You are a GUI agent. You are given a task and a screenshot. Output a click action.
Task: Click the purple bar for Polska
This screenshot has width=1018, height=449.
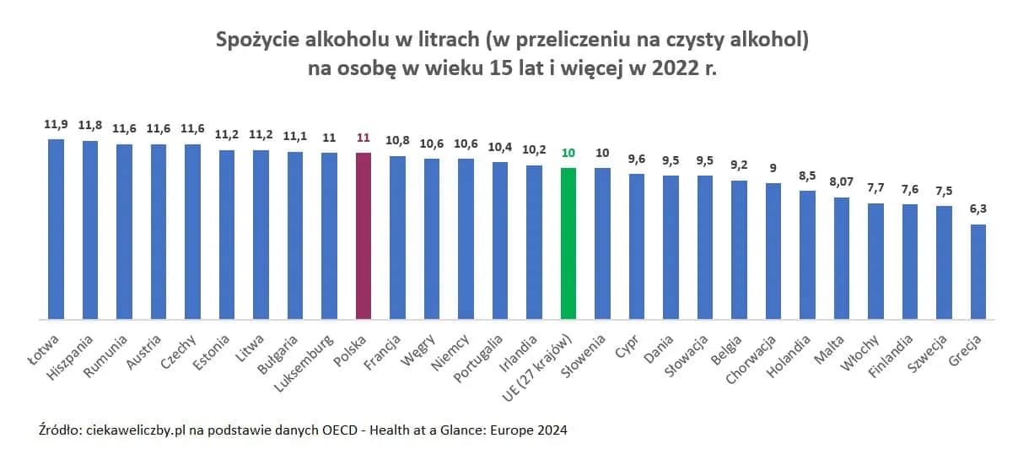coord(364,236)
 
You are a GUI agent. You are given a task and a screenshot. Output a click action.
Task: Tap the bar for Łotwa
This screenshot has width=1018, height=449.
coord(56,230)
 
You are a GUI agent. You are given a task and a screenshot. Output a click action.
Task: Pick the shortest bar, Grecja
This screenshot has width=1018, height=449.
coord(978,272)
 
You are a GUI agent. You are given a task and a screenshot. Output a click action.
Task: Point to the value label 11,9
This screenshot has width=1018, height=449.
coord(56,124)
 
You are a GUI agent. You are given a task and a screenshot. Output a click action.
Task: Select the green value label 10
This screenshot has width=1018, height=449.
coord(568,153)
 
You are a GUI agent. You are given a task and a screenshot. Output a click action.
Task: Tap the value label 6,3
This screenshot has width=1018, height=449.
coord(978,208)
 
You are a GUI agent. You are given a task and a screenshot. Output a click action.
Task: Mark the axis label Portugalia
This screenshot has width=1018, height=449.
coord(483,358)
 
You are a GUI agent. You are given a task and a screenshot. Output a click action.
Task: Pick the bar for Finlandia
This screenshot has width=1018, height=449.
coord(910,262)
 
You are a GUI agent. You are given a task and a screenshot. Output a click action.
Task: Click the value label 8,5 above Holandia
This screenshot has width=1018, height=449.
coord(808,175)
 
